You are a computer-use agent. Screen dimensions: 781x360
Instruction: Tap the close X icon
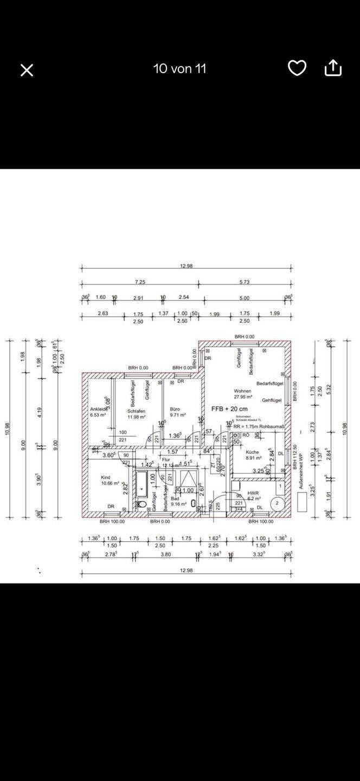pos(27,70)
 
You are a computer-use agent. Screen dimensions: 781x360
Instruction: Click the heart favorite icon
pos(297,68)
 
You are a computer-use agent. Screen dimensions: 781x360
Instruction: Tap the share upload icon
pos(333,68)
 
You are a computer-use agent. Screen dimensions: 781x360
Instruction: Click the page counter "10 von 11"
pos(179,69)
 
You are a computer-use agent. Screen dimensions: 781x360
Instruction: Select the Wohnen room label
pos(242,390)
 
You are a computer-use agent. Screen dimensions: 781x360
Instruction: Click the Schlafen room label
pos(136,411)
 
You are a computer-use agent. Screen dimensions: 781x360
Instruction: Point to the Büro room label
pos(174,409)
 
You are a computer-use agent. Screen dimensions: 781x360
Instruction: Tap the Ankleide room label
pos(99,409)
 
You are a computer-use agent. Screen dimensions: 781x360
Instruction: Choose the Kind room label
pos(106,478)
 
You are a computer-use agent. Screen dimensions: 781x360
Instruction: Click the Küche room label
pos(252,452)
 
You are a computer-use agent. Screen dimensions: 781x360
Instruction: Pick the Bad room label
pos(175,498)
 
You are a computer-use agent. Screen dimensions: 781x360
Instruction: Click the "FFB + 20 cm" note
pos(229,409)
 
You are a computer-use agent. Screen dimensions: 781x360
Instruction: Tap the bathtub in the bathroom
pos(142,484)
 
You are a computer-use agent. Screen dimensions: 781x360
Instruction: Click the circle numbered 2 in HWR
pos(277,503)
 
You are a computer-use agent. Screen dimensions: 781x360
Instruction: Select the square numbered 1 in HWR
pos(280,486)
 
